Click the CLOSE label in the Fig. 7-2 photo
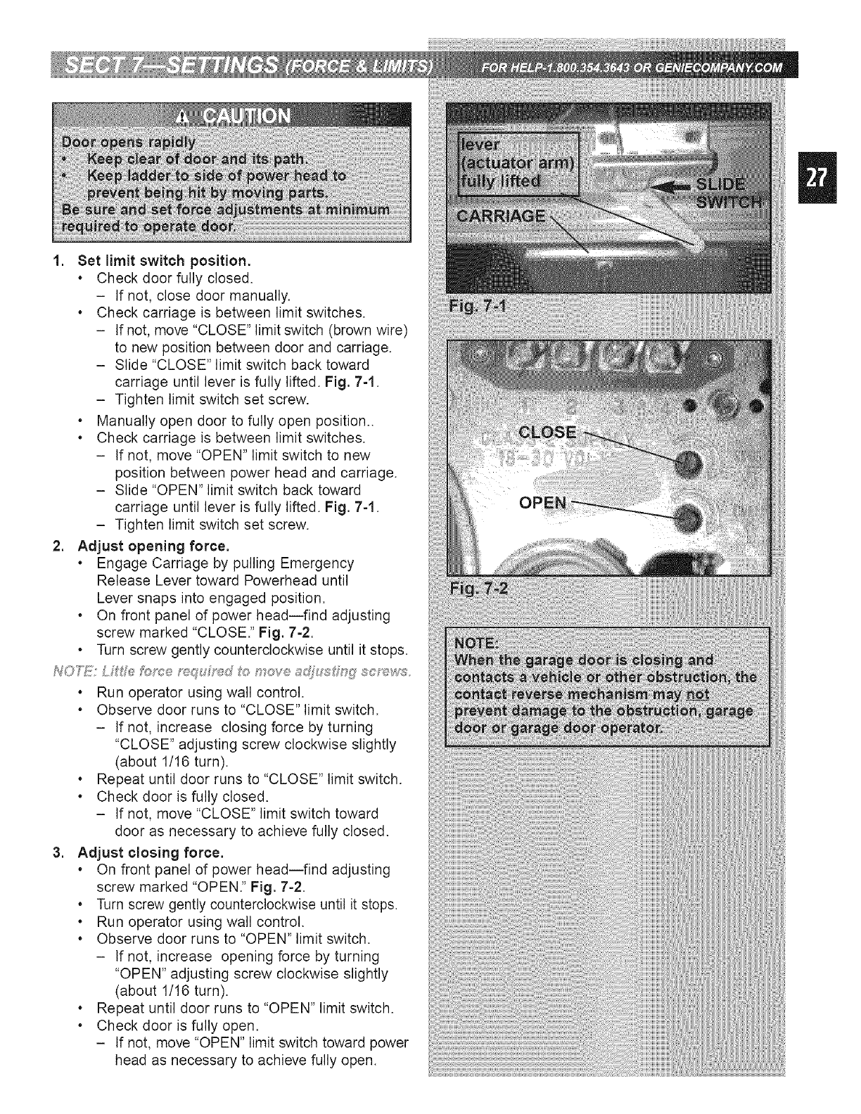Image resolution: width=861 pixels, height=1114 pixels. coord(547,432)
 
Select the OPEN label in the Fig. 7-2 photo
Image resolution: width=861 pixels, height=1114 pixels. coord(542,503)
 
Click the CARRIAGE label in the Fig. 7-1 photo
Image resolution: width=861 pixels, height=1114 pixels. coord(501,215)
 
